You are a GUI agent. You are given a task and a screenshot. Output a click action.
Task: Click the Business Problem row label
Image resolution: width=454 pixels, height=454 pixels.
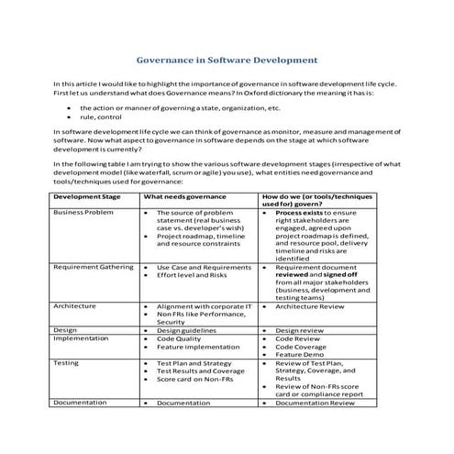(82, 212)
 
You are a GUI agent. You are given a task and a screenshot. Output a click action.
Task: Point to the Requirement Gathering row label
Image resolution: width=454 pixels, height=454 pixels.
(94, 266)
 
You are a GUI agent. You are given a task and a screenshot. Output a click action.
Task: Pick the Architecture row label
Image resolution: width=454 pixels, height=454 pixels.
(75, 305)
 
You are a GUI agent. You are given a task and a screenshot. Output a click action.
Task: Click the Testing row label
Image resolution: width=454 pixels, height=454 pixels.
(66, 362)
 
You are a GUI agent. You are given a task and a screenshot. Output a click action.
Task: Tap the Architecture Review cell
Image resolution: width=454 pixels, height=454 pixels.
(311, 306)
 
